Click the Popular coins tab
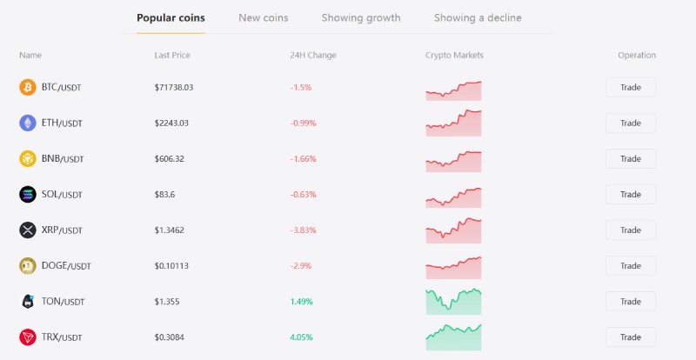click(171, 17)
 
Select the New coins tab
click(263, 17)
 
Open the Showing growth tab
click(361, 17)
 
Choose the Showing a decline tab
click(478, 17)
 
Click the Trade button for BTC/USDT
click(630, 87)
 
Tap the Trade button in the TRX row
click(630, 337)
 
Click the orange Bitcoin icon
click(28, 87)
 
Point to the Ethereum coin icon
click(28, 123)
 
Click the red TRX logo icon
click(28, 337)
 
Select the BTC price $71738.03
click(173, 87)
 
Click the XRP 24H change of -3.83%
click(303, 230)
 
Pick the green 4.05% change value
click(301, 337)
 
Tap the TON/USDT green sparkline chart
click(453, 301)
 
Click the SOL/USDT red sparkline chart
click(453, 196)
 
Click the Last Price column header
click(172, 55)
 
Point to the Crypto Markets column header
click(454, 55)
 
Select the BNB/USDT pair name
click(62, 158)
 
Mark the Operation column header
click(637, 55)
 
